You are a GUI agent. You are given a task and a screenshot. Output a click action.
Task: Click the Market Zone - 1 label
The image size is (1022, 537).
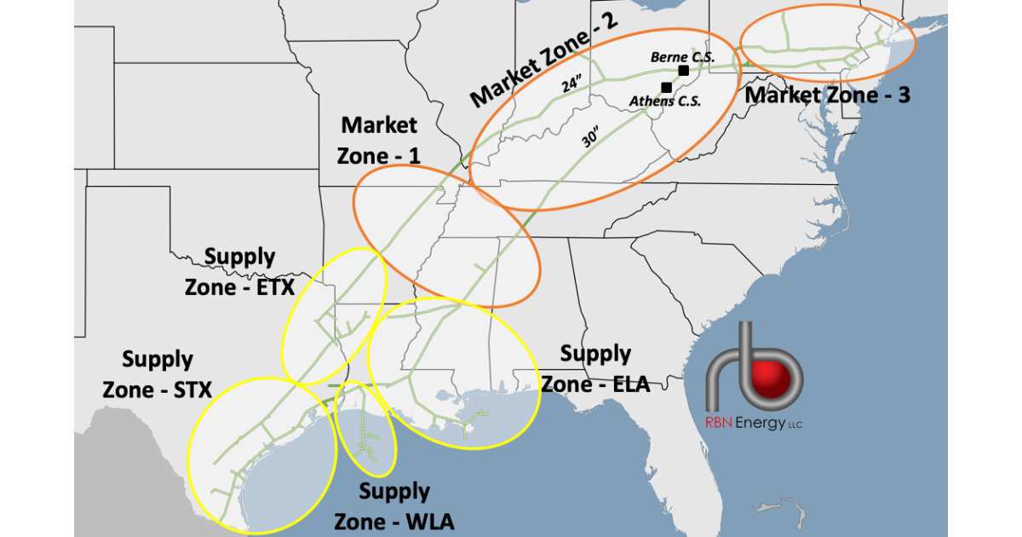coord(379,141)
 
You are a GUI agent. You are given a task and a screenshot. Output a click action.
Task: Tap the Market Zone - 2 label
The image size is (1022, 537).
coord(545,60)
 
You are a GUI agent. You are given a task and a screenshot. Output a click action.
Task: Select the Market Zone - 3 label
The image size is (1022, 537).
coord(828,95)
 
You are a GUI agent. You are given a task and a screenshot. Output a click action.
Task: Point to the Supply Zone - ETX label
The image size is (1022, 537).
coord(240,272)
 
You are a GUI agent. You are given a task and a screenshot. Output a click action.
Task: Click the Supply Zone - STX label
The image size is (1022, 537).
coord(158,374)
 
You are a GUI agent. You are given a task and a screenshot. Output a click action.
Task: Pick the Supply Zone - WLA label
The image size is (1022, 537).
coord(393,506)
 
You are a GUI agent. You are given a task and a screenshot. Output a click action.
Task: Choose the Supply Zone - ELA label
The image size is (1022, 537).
coord(595,368)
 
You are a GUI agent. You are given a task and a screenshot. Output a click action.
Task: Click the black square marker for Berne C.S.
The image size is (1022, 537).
coord(683,70)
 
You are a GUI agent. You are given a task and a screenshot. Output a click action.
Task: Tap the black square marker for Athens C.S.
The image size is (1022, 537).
coord(666,87)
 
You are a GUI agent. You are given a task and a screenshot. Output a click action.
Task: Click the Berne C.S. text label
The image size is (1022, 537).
coord(681,56)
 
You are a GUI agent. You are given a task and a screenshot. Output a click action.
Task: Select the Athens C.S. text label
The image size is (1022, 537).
coord(665,101)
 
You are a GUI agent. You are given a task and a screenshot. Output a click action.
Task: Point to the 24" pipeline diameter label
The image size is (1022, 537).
coord(571,85)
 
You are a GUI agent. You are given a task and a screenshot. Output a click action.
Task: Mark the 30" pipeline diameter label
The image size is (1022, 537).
coord(591,138)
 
